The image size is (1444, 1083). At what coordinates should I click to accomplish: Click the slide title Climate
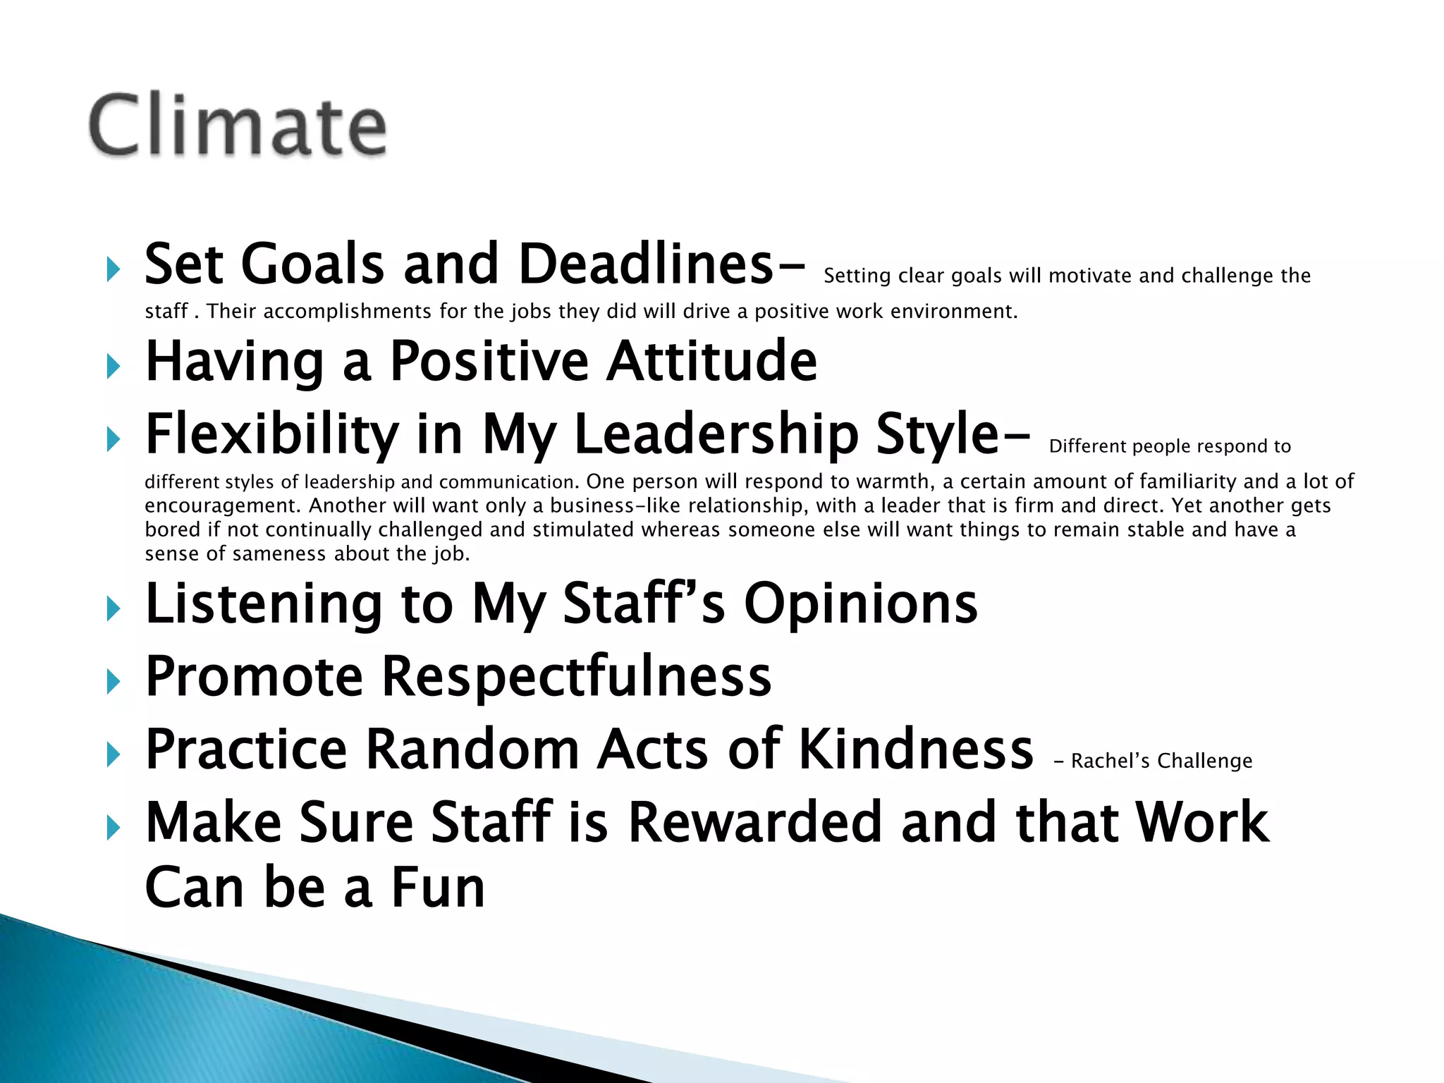(238, 126)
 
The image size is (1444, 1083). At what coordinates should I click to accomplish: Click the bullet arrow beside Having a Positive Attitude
(113, 366)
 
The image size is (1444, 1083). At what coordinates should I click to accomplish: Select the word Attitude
(711, 361)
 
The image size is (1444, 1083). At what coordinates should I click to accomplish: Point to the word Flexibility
(271, 434)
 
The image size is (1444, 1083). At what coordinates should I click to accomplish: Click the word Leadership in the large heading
(716, 434)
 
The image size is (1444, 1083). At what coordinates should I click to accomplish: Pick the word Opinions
(861, 604)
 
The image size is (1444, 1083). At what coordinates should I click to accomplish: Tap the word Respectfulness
(576, 676)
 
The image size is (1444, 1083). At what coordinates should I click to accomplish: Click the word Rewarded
(754, 822)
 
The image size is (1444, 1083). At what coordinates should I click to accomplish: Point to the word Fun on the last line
(438, 888)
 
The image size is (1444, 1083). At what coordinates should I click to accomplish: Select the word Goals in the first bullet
(312, 264)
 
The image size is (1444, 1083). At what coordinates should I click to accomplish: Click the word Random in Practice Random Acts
(472, 749)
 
